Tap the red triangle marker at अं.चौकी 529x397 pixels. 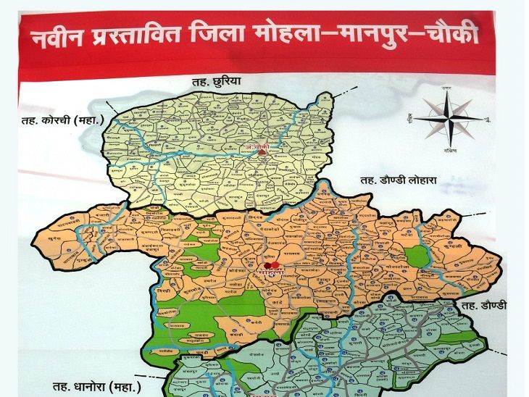point(262,153)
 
